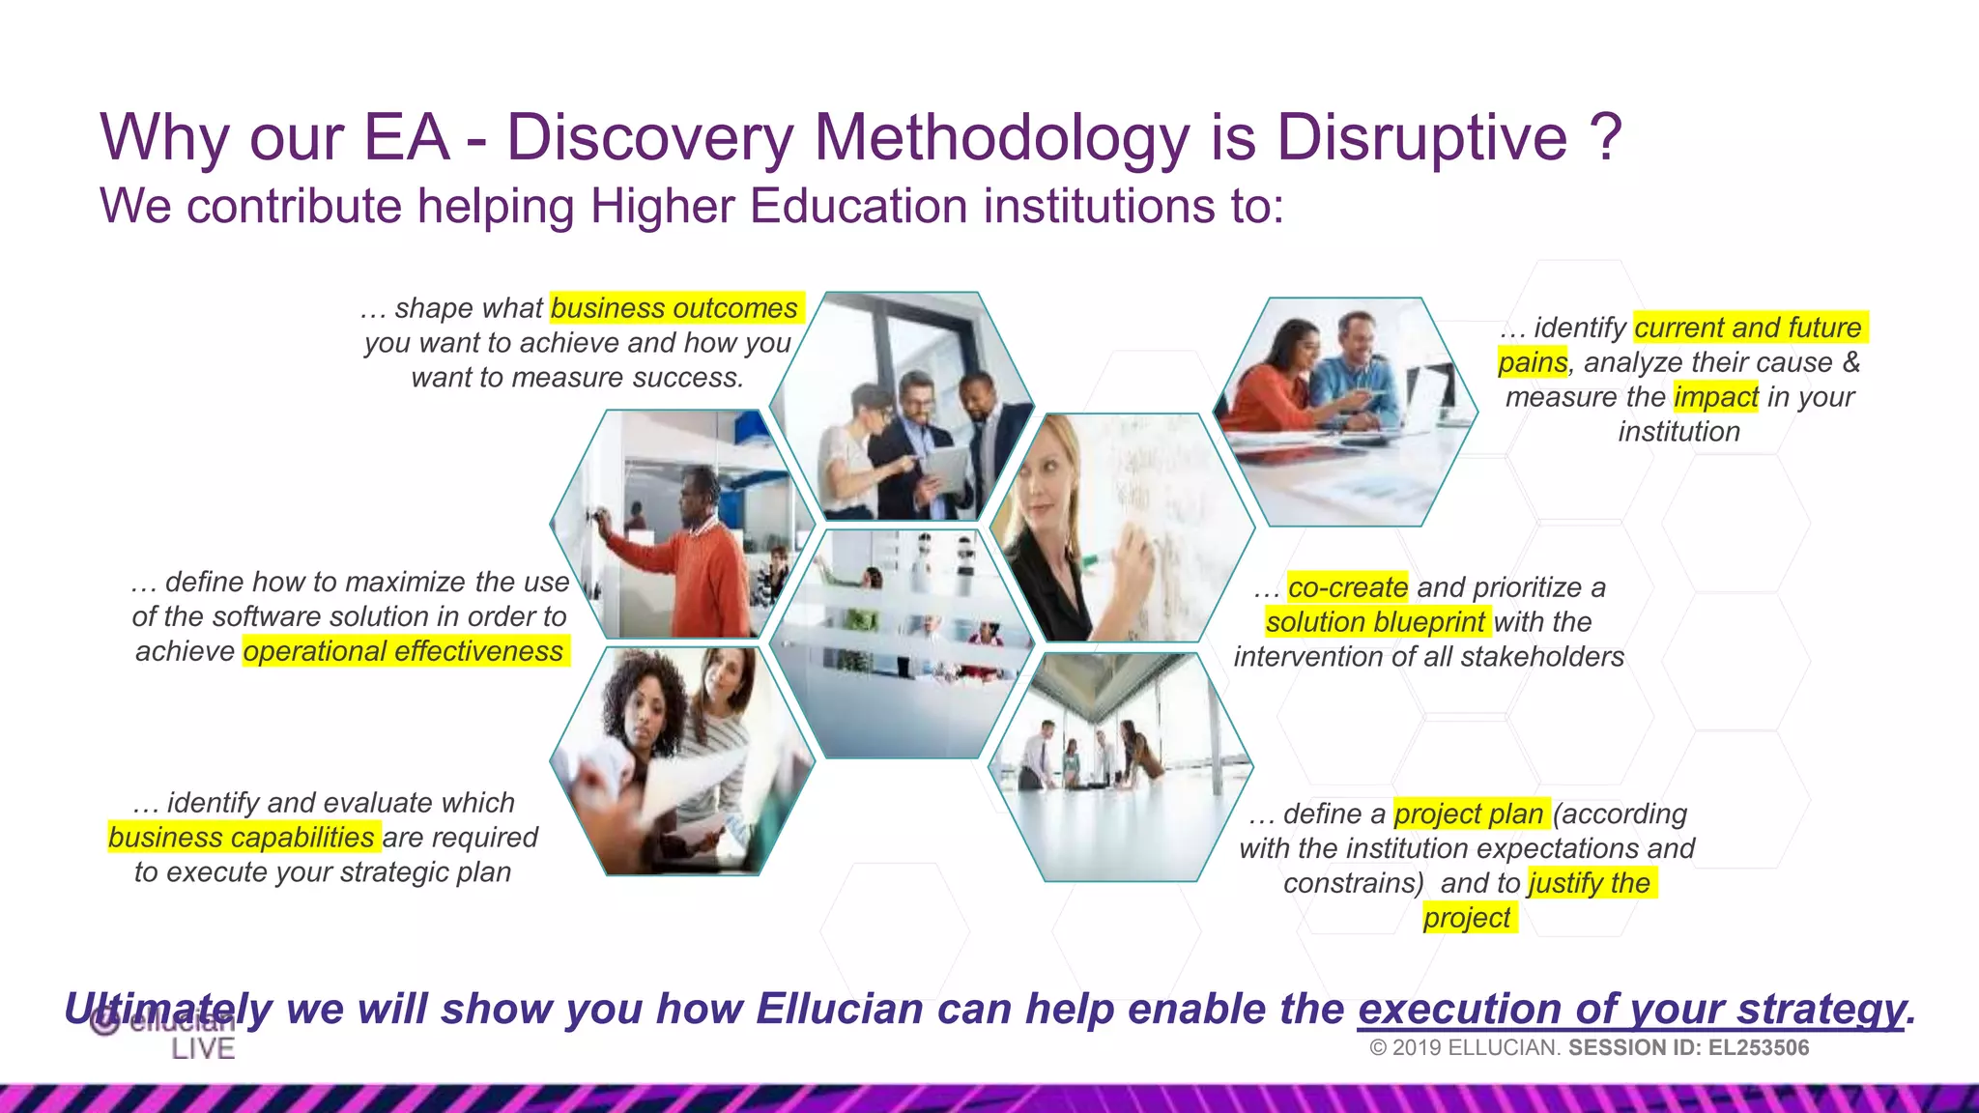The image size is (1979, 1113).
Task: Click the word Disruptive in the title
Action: click(1421, 138)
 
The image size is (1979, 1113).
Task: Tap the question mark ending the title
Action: click(1605, 138)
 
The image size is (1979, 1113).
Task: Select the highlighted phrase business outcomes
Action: click(674, 308)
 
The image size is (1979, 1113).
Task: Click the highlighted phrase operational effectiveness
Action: click(403, 651)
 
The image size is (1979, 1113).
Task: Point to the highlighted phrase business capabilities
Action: click(242, 837)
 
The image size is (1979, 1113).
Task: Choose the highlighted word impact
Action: click(1715, 397)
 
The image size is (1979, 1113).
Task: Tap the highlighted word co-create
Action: click(1348, 587)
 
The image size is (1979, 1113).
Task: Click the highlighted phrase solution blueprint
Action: click(1375, 622)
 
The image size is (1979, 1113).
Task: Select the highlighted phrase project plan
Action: click(1469, 814)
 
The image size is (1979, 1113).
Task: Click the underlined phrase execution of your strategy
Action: click(1632, 1010)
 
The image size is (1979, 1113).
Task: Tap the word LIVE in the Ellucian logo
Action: click(203, 1049)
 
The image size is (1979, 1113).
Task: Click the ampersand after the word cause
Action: click(1850, 362)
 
